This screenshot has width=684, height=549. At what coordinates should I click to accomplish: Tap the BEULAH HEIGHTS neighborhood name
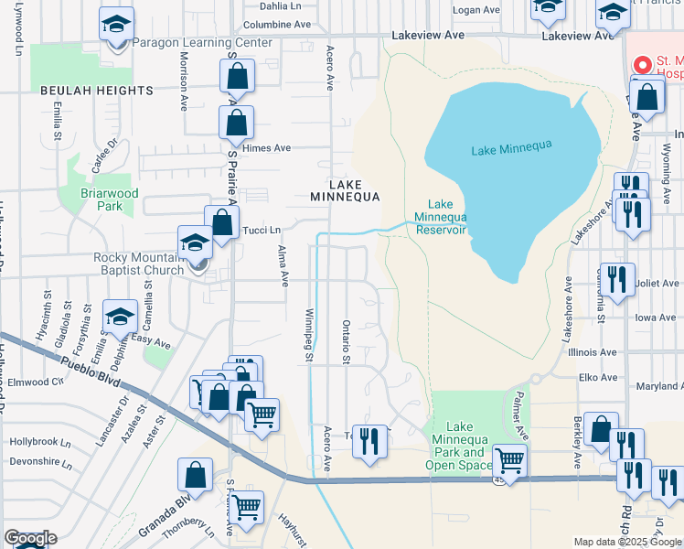96,91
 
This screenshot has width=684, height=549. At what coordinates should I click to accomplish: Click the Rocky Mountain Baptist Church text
138,264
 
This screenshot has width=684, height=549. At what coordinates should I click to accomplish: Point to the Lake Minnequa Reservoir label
441,217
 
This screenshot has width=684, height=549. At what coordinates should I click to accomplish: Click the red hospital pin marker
643,65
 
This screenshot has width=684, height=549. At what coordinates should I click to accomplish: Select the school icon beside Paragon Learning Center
116,25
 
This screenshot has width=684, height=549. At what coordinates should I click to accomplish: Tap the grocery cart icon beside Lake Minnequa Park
509,460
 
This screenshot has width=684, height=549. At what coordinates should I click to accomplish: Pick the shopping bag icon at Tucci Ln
221,222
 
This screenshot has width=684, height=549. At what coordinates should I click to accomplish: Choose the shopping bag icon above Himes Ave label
236,122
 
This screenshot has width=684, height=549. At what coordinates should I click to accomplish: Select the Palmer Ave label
518,413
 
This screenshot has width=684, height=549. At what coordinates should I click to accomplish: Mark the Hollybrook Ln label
40,441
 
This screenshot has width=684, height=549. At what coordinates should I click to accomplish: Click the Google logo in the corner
30,538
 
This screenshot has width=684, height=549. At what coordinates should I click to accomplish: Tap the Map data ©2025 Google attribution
626,542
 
